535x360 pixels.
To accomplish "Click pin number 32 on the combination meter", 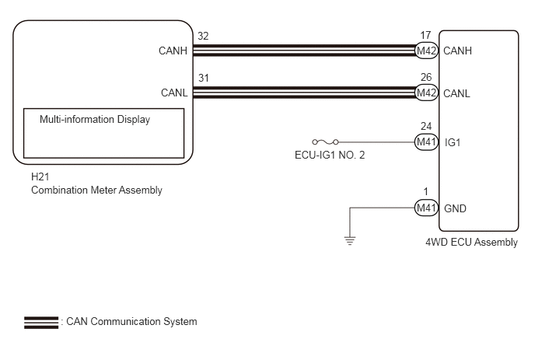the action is [x=203, y=36].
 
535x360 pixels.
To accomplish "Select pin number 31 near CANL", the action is [x=204, y=78].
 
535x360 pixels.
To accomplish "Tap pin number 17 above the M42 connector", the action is [x=425, y=35].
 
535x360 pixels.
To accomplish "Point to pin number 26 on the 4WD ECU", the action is [x=426, y=77].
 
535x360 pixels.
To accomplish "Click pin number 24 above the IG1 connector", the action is [x=426, y=126].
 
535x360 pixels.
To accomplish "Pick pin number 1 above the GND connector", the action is [x=425, y=191].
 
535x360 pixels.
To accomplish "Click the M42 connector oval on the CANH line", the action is [x=426, y=51].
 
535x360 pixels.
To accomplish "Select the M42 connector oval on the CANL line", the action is [x=426, y=93].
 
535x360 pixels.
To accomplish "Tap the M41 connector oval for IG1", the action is [x=426, y=142].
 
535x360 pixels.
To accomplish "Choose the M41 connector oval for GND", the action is [x=426, y=208].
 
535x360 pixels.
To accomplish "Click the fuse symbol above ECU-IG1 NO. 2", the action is [x=325, y=142].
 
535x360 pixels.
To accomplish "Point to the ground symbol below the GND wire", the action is [x=350, y=240].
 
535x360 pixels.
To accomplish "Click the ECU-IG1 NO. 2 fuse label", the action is [x=330, y=155].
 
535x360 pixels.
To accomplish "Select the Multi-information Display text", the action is [x=95, y=120].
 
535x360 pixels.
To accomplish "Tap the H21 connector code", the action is [x=40, y=177].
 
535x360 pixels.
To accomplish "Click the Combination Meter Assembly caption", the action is [x=96, y=190].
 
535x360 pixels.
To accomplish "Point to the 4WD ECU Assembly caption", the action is [x=471, y=243].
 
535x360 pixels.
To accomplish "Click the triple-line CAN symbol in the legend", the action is [x=41, y=323].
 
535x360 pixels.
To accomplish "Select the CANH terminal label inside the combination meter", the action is [x=173, y=51].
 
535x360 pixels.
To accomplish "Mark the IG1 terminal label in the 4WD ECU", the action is [x=453, y=142].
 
